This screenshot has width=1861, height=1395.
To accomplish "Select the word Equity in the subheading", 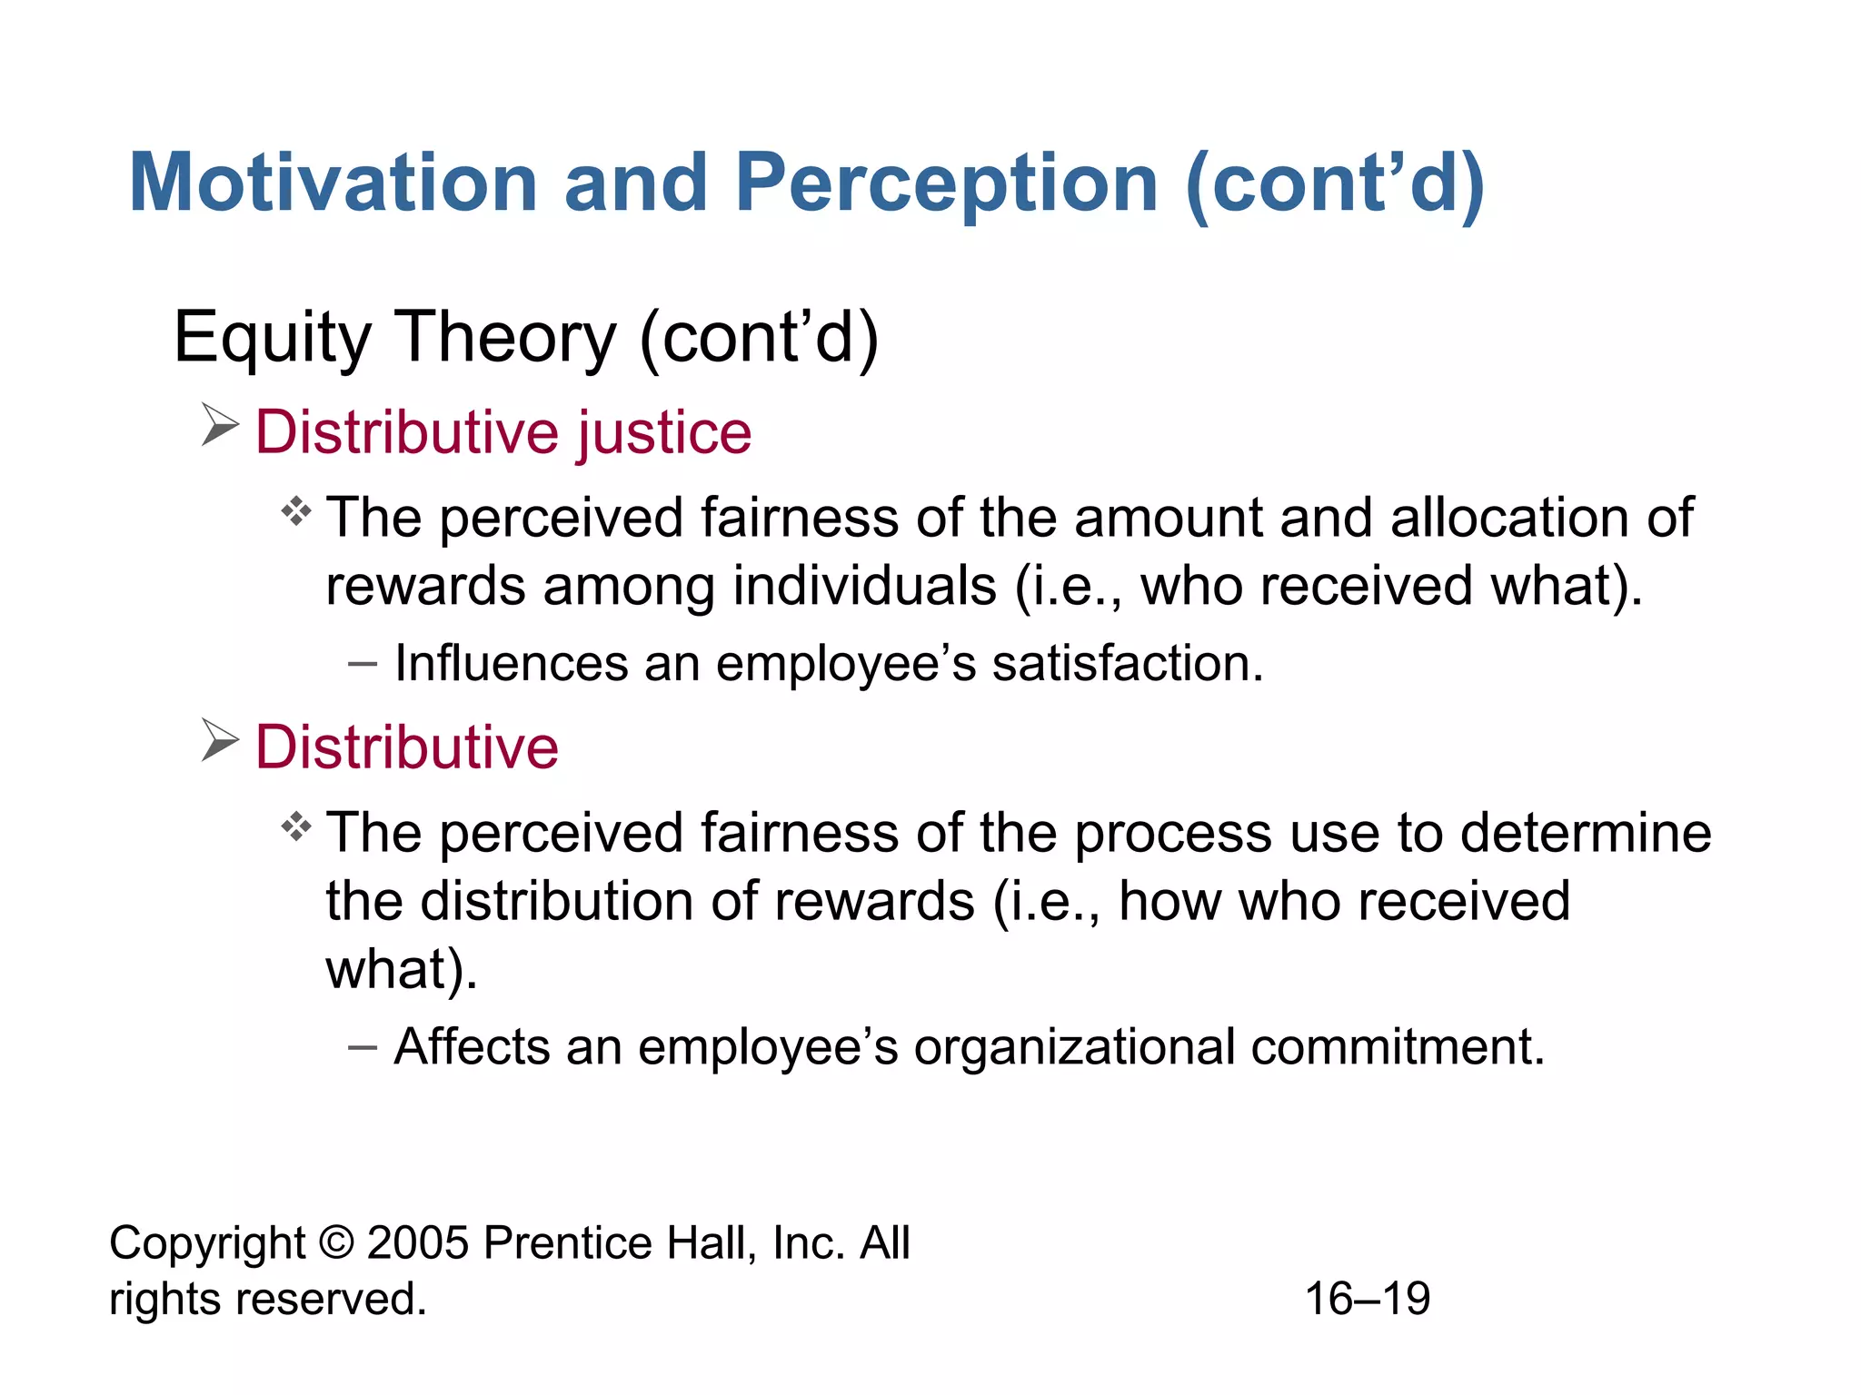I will coord(272,338).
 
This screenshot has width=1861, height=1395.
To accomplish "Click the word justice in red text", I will coord(665,431).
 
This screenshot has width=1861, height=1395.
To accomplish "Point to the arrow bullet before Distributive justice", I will coord(219,425).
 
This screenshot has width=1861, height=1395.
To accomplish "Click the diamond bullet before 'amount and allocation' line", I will coord(296,512).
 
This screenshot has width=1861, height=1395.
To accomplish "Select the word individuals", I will coord(864,586).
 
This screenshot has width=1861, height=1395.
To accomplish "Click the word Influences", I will coord(512,663).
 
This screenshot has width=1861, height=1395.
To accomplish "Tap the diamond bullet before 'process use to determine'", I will coord(296,827).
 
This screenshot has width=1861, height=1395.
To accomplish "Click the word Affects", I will coord(472,1046).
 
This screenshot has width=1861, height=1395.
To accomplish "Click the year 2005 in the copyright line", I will coord(417,1242).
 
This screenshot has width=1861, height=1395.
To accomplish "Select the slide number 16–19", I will coord(1368,1299).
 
